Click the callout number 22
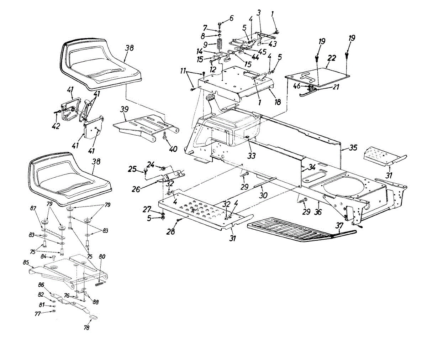point(331,58)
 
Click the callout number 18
point(277,102)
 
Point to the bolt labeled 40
point(165,136)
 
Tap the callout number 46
point(296,86)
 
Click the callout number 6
point(232,18)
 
